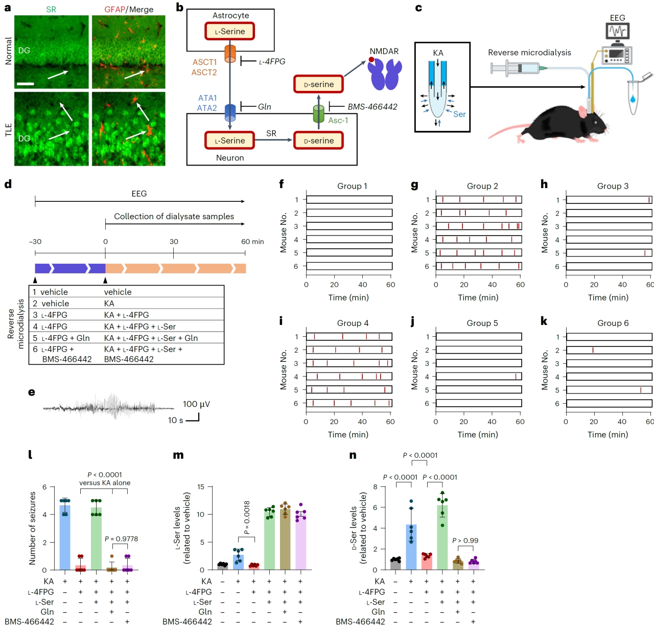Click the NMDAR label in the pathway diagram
384,51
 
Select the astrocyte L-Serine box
229,31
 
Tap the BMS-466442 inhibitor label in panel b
372,107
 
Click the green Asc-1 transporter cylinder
318,113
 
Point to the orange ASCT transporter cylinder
230,53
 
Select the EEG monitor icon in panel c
618,32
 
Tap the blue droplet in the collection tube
633,98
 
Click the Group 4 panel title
353,323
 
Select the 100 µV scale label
196,404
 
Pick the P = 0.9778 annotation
121,539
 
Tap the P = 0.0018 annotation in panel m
247,518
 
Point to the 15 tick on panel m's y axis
201,487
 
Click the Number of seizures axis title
33,528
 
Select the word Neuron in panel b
230,158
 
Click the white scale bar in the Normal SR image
26,83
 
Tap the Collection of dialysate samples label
174,216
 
